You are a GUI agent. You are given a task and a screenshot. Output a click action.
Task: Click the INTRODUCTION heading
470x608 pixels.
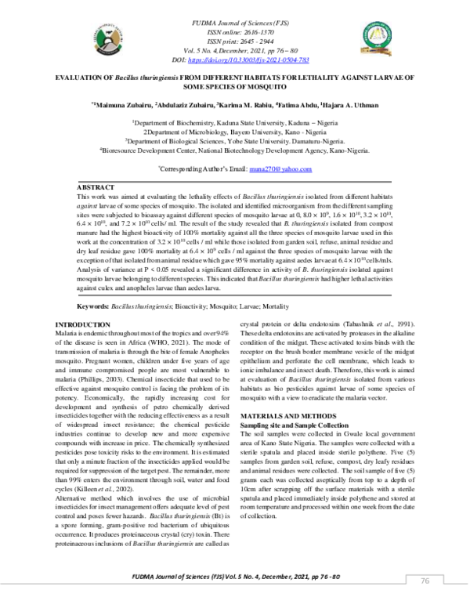pyautogui.click(x=82, y=324)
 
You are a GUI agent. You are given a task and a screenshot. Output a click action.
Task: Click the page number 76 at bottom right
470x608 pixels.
pyautogui.click(x=425, y=581)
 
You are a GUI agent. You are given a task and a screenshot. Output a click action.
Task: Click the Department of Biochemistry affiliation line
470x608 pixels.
pyautogui.click(x=235, y=123)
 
